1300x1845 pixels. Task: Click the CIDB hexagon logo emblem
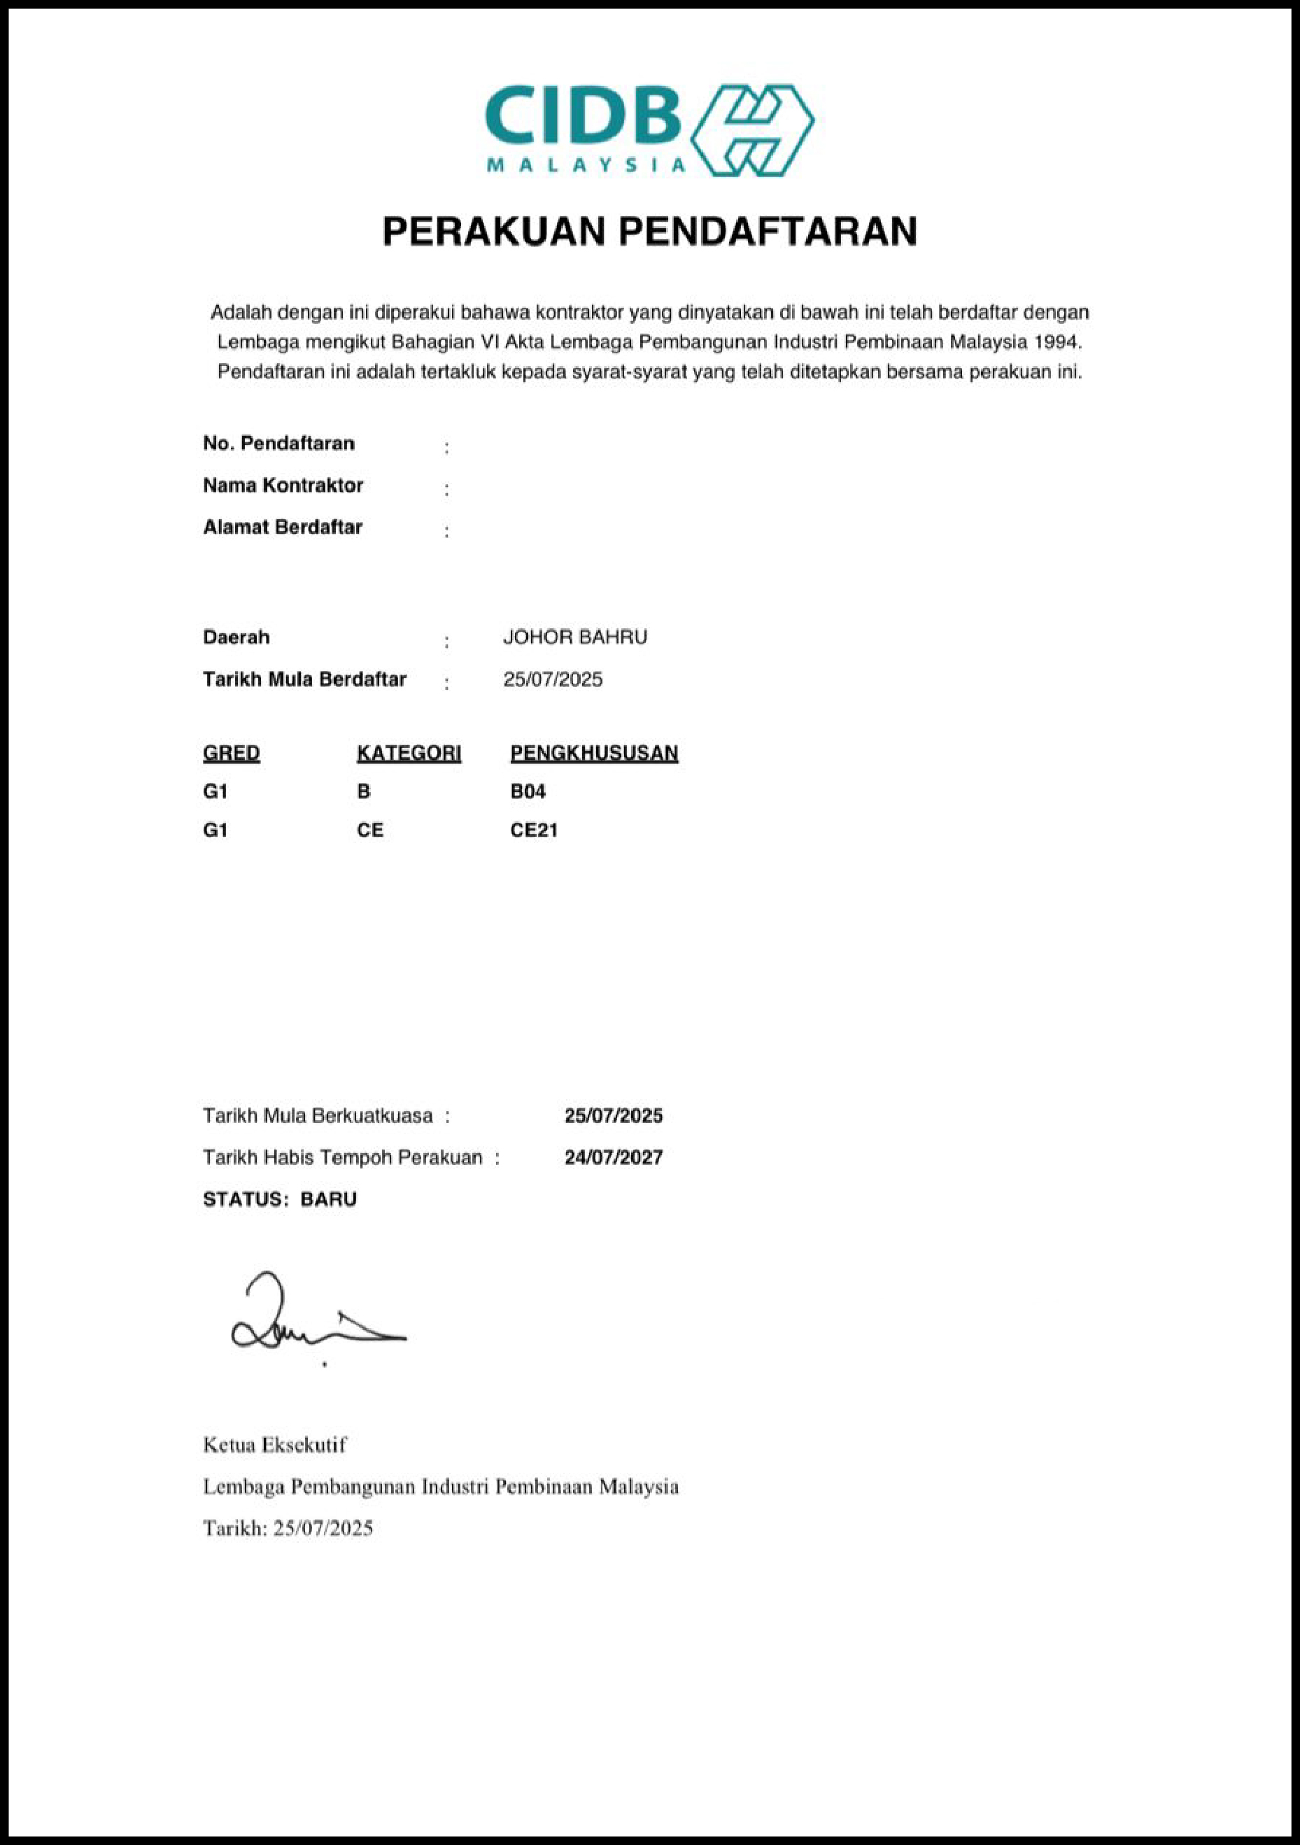click(753, 130)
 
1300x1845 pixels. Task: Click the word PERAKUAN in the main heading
click(493, 232)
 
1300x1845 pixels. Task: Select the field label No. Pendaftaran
click(278, 444)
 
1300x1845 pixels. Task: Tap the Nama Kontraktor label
click(283, 486)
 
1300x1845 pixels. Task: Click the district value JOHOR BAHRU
click(574, 637)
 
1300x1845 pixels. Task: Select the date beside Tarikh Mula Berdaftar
click(553, 680)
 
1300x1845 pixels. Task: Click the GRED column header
click(232, 753)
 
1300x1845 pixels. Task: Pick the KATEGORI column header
click(409, 753)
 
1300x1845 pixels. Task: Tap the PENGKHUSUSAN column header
click(594, 753)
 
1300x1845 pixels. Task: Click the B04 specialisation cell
click(528, 791)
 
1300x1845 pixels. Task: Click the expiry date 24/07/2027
click(613, 1157)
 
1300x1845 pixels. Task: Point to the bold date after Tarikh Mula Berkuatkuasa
click(613, 1115)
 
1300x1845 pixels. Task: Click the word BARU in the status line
click(329, 1199)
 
